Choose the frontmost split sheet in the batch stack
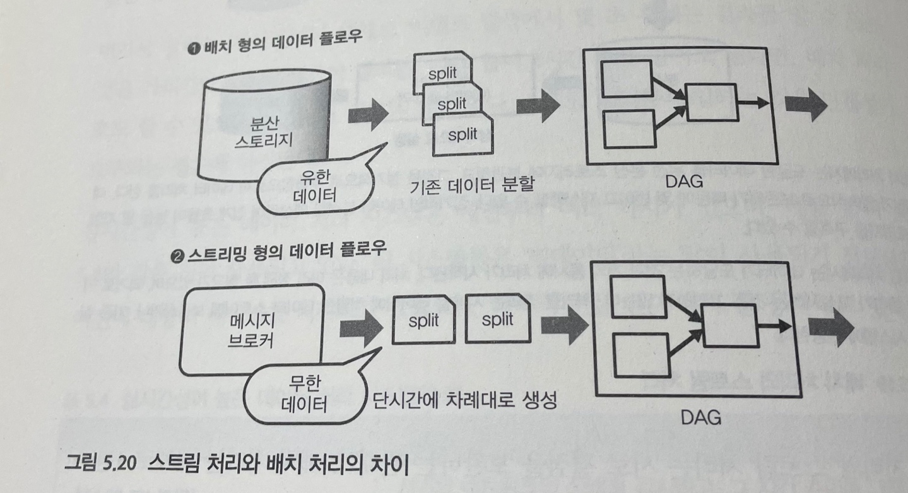tap(463, 136)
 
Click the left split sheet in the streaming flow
tap(423, 320)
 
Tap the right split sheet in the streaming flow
tap(498, 320)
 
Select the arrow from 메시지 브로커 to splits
tap(362, 328)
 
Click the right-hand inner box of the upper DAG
tap(712, 102)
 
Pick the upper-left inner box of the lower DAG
tap(637, 293)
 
